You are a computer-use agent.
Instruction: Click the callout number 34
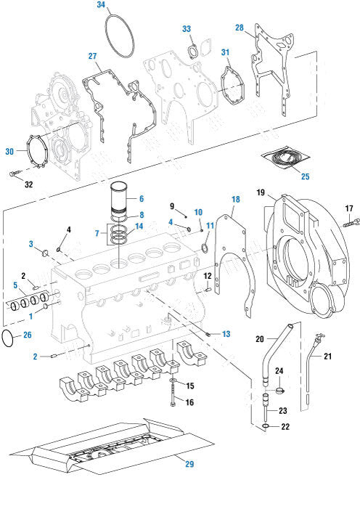pos(101,5)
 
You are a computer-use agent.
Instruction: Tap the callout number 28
pos(239,28)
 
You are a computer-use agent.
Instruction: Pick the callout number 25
pos(305,176)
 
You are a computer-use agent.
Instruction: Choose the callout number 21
pos(327,356)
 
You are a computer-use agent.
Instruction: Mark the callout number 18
pos(234,199)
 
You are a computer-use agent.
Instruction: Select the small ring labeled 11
pos(205,249)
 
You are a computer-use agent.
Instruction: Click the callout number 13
pos(226,333)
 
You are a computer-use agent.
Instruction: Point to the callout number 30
pos(9,151)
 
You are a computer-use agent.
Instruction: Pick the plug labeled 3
pos(46,252)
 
